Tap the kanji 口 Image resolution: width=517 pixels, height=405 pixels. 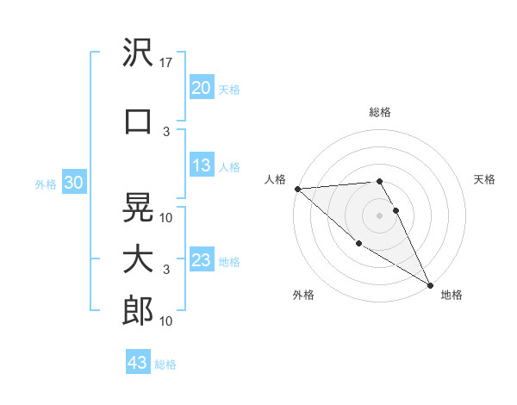[138, 121]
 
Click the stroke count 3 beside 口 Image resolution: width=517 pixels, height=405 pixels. [167, 132]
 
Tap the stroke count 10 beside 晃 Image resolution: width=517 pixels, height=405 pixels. [167, 217]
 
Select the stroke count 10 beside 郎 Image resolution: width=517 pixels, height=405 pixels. [167, 321]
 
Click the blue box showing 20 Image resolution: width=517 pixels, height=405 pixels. [201, 88]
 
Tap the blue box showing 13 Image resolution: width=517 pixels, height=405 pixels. [201, 165]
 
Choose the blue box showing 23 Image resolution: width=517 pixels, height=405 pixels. [201, 260]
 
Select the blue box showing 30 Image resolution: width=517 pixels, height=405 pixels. [74, 183]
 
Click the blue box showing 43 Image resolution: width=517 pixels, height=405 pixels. [137, 363]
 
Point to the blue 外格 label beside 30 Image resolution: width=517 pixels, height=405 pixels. [46, 184]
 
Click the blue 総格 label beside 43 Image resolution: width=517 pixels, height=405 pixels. [165, 364]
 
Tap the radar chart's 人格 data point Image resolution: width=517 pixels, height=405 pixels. [297, 189]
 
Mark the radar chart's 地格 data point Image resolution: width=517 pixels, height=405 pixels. [430, 284]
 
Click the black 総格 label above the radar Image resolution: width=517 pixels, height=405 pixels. [379, 112]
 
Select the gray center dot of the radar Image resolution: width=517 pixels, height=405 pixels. [379, 215]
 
